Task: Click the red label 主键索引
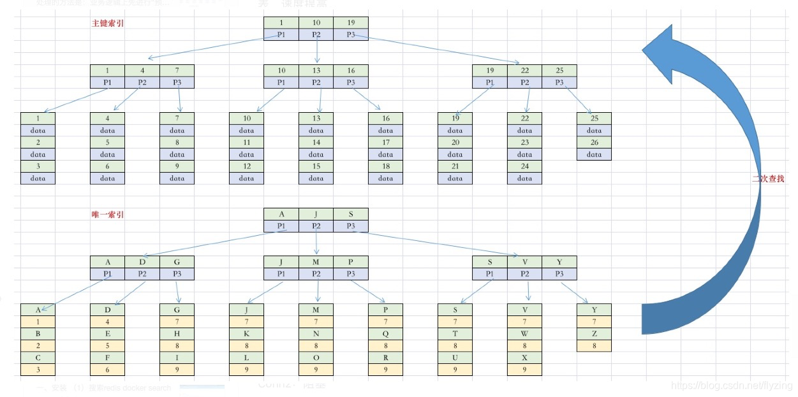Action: [x=107, y=24]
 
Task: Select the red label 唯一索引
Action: [x=107, y=215]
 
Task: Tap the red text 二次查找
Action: [x=768, y=179]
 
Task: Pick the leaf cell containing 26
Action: [x=594, y=142]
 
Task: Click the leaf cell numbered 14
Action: [x=316, y=142]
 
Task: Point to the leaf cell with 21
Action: [x=455, y=166]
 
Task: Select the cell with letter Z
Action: [x=594, y=333]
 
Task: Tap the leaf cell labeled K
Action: [x=247, y=333]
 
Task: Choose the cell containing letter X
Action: [x=524, y=357]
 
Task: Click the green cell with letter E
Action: [x=108, y=333]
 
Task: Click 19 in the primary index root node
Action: [x=351, y=23]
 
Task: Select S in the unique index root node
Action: [x=351, y=214]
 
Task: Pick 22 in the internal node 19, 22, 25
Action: [x=524, y=70]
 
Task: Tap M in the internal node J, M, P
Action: [x=316, y=261]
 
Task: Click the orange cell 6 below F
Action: [x=108, y=370]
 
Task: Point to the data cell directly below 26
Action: [x=594, y=154]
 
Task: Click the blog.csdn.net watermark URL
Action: [x=732, y=386]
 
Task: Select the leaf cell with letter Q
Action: [x=385, y=333]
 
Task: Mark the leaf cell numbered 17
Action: [x=385, y=142]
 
